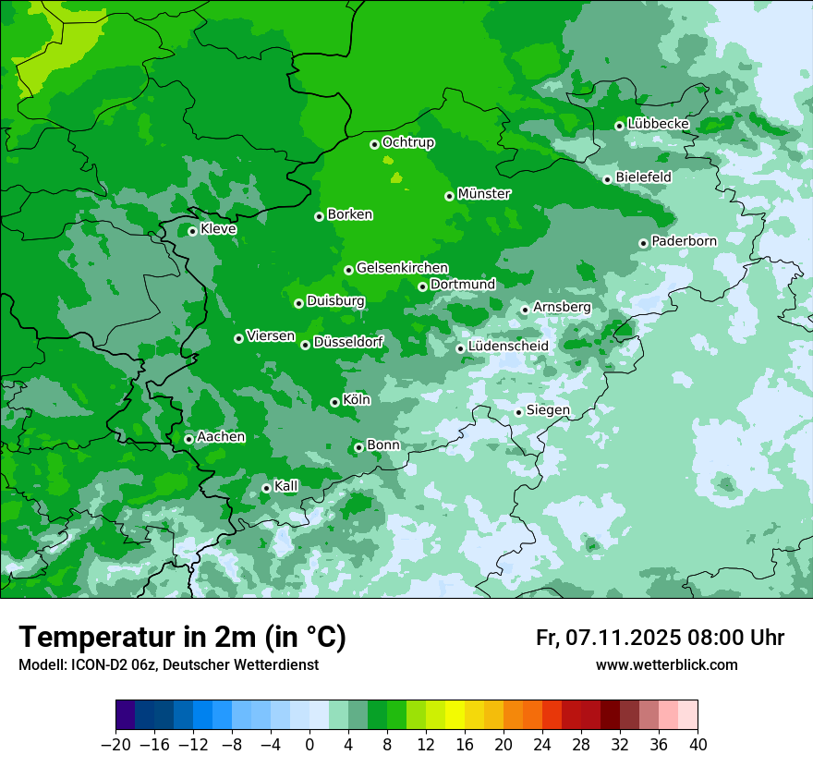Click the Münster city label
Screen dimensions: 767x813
pos(484,194)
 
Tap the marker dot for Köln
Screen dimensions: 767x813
pos(334,402)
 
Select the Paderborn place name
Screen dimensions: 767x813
pos(684,241)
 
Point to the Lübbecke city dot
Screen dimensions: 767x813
pos(619,126)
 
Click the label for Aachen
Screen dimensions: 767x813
pos(221,437)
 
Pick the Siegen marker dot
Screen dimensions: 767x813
pos(518,412)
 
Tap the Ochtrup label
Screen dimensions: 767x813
pos(408,142)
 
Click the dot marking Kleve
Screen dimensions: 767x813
pos(192,231)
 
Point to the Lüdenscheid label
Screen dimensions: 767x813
pos(508,347)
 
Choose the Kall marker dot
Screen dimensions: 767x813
pos(266,488)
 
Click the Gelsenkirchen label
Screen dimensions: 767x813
pos(402,268)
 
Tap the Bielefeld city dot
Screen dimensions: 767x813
pos(607,179)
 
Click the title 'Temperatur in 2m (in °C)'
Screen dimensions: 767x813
pos(182,637)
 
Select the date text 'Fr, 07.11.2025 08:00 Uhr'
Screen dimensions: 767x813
pos(660,638)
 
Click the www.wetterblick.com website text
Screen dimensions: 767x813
pos(666,664)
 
